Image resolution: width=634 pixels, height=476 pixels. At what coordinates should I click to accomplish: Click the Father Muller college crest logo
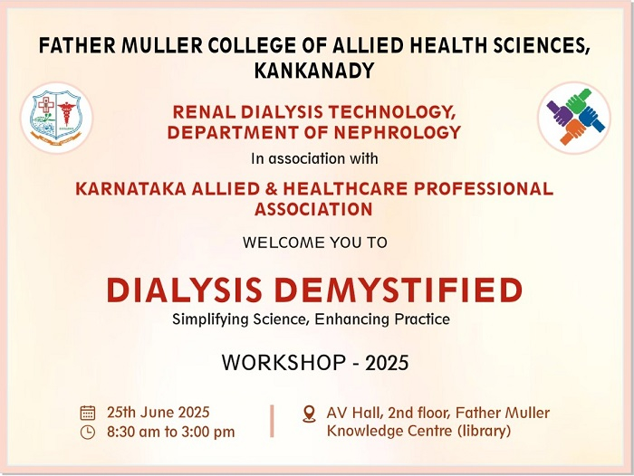[56, 118]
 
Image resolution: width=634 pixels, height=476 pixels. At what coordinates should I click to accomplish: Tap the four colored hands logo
[574, 118]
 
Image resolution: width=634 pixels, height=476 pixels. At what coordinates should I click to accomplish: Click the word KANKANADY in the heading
[314, 71]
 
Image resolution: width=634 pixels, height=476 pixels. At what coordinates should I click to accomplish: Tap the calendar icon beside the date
[88, 413]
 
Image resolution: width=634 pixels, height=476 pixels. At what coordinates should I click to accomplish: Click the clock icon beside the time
[88, 432]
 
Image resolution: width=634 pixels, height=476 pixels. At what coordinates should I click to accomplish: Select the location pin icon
[310, 414]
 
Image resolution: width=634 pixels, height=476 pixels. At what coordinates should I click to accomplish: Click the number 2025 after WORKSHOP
[387, 363]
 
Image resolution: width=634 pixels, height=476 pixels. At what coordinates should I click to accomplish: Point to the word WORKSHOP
[283, 363]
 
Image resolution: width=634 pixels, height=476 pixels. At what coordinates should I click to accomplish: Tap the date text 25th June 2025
[158, 412]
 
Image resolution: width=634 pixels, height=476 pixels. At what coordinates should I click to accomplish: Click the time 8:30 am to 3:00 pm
[170, 432]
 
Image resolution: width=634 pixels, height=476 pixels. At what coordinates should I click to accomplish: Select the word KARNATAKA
[131, 189]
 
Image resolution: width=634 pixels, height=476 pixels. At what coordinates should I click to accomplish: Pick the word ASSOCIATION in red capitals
[313, 209]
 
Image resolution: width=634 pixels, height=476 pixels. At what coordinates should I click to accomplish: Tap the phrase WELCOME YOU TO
[315, 243]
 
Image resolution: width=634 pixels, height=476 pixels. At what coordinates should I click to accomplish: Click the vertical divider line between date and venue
[272, 421]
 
